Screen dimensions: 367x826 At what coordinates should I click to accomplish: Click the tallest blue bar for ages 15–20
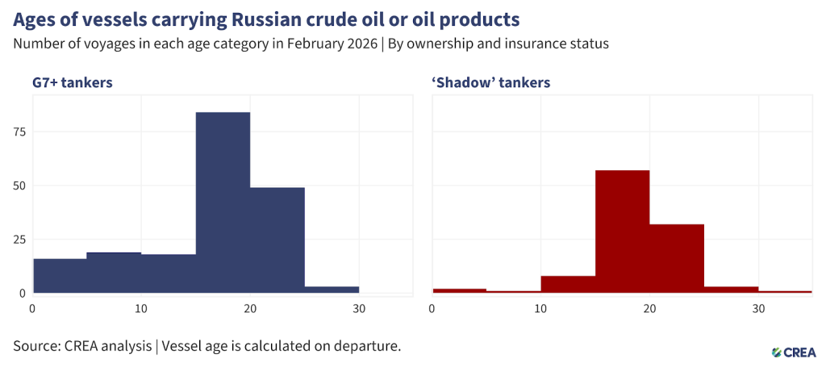click(223, 202)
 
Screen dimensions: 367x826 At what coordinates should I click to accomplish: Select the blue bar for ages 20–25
click(277, 240)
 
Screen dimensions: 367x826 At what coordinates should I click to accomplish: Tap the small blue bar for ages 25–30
click(332, 289)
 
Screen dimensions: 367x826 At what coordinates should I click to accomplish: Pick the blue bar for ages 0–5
click(60, 275)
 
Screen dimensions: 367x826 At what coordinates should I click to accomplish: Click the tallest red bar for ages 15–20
click(622, 231)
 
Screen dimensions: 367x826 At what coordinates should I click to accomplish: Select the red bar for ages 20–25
click(677, 258)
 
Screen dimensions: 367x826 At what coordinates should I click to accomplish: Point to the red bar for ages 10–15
click(568, 284)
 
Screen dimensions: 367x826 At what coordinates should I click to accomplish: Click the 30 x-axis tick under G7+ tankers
click(359, 308)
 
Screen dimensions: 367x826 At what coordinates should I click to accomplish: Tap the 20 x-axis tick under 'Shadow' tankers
click(649, 308)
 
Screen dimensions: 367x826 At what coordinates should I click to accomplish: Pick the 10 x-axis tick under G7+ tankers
click(141, 308)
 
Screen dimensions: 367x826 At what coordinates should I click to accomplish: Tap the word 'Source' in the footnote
click(35, 346)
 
